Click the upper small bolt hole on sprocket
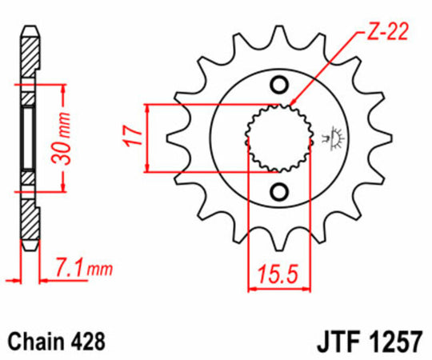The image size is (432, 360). pos(279,86)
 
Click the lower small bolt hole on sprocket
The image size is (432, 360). pos(279,190)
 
